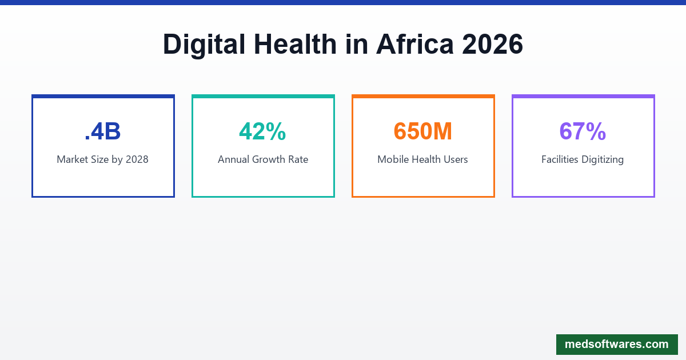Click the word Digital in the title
pos(205,45)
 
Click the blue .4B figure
pos(102,131)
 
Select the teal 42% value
pos(262,131)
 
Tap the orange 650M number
pos(422,131)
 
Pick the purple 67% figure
pos(583,131)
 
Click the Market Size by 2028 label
pos(102,159)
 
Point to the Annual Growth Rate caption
pos(262,159)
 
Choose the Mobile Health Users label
pos(422,159)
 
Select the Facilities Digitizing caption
pos(583,159)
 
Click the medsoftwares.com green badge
pos(616,345)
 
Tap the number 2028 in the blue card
pos(137,159)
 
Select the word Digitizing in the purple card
pos(603,159)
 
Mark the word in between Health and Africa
pos(357,45)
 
